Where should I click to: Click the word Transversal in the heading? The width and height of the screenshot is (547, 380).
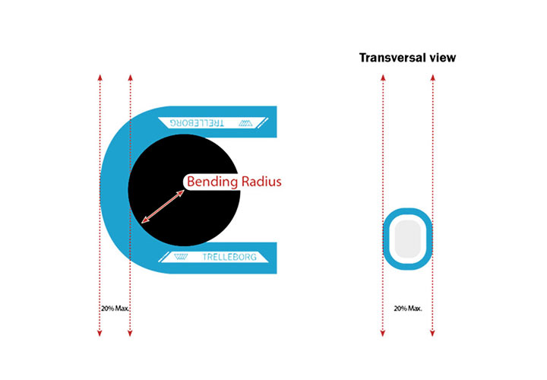click(392, 58)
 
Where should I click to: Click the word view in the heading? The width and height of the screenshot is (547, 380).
click(441, 58)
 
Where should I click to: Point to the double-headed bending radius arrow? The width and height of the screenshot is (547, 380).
click(163, 206)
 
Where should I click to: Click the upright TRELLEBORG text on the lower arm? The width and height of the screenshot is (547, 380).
click(229, 258)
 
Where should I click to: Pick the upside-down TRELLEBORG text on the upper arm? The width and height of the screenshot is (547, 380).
click(194, 122)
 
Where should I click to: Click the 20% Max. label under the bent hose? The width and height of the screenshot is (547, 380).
click(115, 309)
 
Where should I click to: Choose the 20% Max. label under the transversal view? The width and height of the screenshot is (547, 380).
click(408, 309)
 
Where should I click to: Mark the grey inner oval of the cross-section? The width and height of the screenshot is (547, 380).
click(408, 237)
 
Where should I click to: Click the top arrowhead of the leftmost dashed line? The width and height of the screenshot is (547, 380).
click(100, 77)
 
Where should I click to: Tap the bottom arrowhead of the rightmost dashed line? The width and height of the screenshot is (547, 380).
click(432, 333)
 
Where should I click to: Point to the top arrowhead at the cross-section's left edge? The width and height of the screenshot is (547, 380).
click(383, 77)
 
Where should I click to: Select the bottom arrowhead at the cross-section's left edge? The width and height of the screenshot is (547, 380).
click(383, 333)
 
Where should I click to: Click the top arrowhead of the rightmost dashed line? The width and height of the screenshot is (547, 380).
click(432, 77)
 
